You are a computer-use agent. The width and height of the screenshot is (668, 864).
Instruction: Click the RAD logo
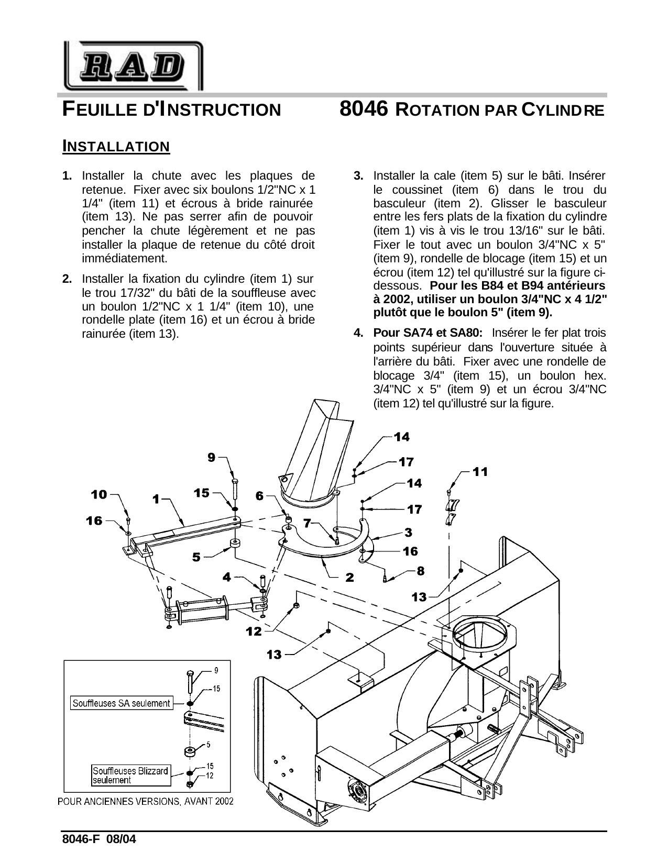[133, 66]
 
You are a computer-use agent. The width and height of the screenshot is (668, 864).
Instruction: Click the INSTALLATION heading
[116, 146]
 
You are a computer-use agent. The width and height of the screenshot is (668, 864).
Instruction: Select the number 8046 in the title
[364, 109]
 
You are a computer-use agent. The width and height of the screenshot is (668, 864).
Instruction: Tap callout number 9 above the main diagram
[211, 457]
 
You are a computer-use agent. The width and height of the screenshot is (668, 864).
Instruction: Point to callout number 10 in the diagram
[99, 494]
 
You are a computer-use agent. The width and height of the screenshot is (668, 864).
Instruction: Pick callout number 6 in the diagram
[259, 495]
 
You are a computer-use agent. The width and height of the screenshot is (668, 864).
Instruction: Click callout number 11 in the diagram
[480, 472]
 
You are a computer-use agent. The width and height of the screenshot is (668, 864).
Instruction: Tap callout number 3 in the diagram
[408, 532]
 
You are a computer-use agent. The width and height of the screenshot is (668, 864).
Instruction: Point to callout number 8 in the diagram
[420, 571]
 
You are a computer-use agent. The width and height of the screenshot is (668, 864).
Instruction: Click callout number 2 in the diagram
[349, 577]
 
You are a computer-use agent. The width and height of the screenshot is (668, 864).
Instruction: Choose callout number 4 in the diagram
[226, 577]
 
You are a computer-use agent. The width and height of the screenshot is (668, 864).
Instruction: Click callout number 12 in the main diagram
[254, 632]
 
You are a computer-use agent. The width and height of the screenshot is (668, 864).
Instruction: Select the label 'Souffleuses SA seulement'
[121, 703]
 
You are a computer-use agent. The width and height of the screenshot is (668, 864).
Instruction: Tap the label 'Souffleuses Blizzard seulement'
[130, 776]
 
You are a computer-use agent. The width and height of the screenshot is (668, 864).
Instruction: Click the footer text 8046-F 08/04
[99, 838]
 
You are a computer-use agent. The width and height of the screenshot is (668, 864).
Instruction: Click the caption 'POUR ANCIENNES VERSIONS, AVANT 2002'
[146, 802]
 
